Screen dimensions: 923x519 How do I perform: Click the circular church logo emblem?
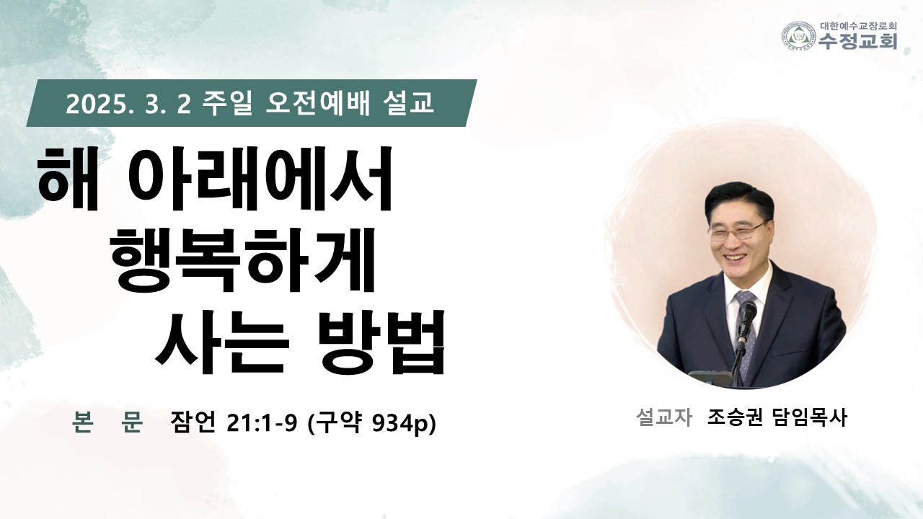(x=799, y=37)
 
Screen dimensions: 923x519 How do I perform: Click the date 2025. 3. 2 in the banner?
(x=128, y=105)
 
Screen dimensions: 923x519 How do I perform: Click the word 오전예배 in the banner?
(x=317, y=103)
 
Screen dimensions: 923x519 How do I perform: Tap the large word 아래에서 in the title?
(x=258, y=178)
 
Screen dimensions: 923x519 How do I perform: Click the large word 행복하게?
(x=243, y=259)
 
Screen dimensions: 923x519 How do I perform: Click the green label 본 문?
(x=107, y=422)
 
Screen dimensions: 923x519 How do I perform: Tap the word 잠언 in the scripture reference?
(x=193, y=422)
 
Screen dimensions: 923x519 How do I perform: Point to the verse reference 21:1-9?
(x=262, y=423)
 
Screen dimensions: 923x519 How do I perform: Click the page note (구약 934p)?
(x=371, y=423)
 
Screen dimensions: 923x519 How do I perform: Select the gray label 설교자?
(x=663, y=417)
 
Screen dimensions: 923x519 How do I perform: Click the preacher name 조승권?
(x=735, y=417)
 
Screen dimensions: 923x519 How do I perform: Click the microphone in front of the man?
(x=746, y=325)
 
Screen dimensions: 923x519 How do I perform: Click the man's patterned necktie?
(x=745, y=329)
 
